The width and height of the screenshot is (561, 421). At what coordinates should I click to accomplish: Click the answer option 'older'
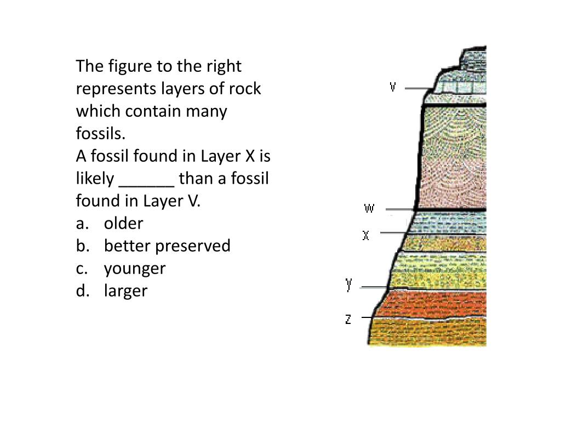(123, 224)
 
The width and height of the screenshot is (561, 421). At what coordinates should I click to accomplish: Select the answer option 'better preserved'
(167, 246)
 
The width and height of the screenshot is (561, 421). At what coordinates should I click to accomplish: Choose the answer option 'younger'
(134, 269)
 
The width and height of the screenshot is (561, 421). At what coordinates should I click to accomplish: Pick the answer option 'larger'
(125, 291)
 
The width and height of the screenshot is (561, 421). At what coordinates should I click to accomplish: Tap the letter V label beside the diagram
(393, 87)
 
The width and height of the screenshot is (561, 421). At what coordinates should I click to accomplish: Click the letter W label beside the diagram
(369, 208)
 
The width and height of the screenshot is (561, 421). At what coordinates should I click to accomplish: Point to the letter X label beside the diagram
(366, 235)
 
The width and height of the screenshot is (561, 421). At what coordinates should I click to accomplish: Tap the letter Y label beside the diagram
(349, 285)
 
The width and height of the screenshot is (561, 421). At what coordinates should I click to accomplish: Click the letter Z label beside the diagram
(348, 318)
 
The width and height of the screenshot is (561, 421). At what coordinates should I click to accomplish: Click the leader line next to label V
(419, 88)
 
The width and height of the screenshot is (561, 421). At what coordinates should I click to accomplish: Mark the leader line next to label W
(399, 209)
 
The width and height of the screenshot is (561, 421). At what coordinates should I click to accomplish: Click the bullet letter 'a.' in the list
(82, 224)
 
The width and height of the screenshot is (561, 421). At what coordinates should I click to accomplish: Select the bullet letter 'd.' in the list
(83, 291)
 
